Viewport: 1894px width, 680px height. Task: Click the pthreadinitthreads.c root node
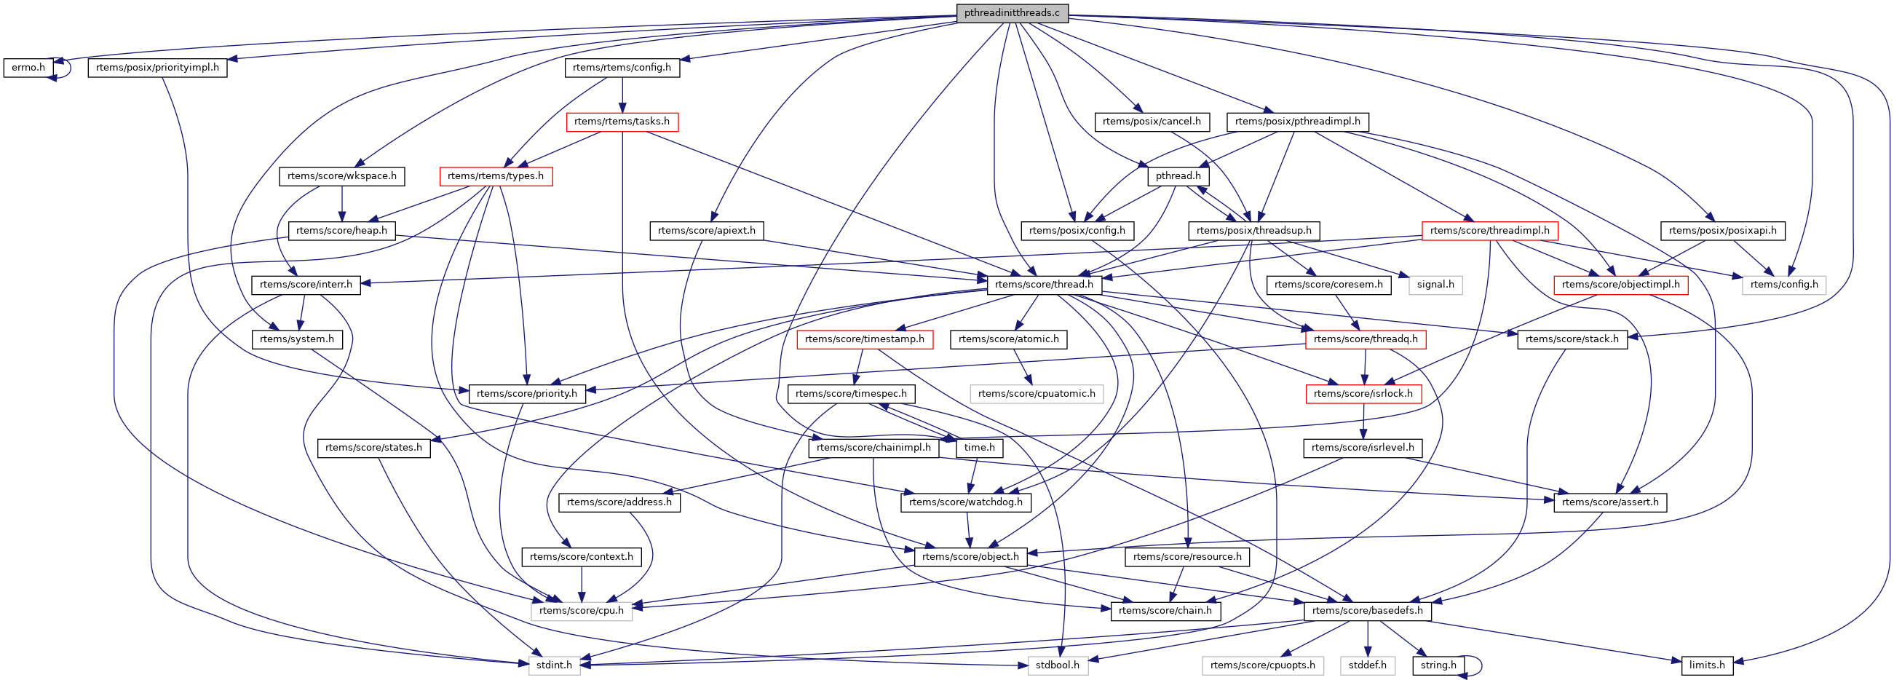(x=1012, y=13)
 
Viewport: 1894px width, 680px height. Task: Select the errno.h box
(x=28, y=68)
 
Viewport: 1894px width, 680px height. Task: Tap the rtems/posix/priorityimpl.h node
(x=157, y=68)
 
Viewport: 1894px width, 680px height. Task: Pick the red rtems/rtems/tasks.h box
(x=622, y=122)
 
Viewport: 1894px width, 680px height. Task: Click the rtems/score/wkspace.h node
(x=342, y=176)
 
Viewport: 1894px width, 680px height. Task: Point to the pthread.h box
(x=1178, y=176)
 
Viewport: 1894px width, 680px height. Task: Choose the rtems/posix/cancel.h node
(x=1152, y=122)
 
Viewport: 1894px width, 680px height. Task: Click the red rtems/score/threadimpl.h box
(x=1489, y=231)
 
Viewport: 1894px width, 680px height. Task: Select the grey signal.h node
(x=1435, y=285)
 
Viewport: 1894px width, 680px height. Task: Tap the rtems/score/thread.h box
(x=1043, y=285)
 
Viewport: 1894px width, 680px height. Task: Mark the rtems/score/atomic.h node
(x=1009, y=339)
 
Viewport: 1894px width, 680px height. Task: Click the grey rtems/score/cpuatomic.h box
(x=1036, y=394)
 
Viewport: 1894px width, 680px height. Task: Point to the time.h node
(x=979, y=448)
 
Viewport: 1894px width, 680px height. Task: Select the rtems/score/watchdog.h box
(x=965, y=502)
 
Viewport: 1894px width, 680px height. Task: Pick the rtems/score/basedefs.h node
(x=1367, y=611)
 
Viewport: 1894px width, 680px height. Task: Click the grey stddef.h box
(x=1367, y=665)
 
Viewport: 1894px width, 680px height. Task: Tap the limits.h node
(x=1706, y=665)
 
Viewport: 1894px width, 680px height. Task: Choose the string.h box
(x=1438, y=665)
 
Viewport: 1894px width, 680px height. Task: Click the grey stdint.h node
(x=554, y=665)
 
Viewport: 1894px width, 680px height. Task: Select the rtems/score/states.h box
(x=373, y=448)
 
